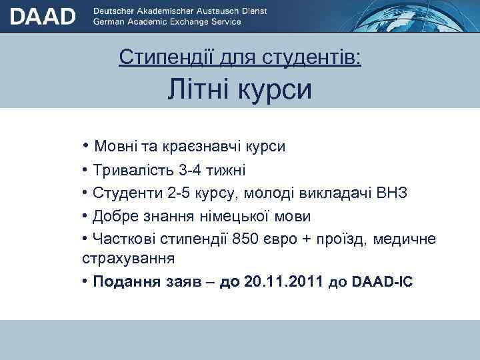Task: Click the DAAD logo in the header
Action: pyautogui.click(x=43, y=16)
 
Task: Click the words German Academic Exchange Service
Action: pyautogui.click(x=167, y=22)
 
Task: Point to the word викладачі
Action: pyautogui.click(x=331, y=193)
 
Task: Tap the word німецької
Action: pyautogui.click(x=242, y=217)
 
